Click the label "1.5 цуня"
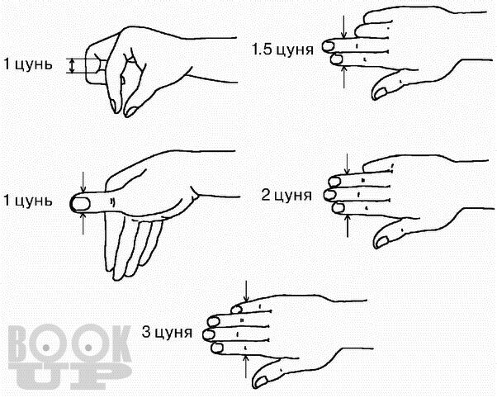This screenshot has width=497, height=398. click(x=282, y=50)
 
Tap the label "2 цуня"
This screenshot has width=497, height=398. click(x=286, y=195)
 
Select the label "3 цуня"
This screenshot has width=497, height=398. click(x=167, y=332)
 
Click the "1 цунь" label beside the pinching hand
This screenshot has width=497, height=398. click(x=27, y=64)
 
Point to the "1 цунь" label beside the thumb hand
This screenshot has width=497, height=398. click(x=27, y=201)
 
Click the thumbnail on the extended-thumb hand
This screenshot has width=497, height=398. click(x=81, y=204)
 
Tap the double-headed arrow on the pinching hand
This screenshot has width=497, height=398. click(x=73, y=66)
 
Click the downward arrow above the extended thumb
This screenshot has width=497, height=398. click(x=83, y=182)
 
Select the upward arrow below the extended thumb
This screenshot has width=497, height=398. click(x=83, y=224)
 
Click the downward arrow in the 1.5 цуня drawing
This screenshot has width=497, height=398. click(x=344, y=26)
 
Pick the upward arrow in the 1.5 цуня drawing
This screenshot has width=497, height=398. click(x=344, y=77)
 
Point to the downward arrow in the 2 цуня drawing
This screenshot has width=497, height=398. click(x=348, y=164)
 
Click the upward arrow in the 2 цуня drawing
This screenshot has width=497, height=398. click(x=348, y=225)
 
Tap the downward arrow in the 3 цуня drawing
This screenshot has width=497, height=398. click(x=246, y=291)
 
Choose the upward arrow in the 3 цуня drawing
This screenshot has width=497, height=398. click(x=246, y=366)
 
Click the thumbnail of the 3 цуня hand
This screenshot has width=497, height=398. click(x=261, y=381)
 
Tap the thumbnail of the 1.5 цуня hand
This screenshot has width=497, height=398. click(x=381, y=92)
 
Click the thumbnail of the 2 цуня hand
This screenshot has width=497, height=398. click(x=382, y=241)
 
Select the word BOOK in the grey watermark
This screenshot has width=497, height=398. click(x=69, y=344)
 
